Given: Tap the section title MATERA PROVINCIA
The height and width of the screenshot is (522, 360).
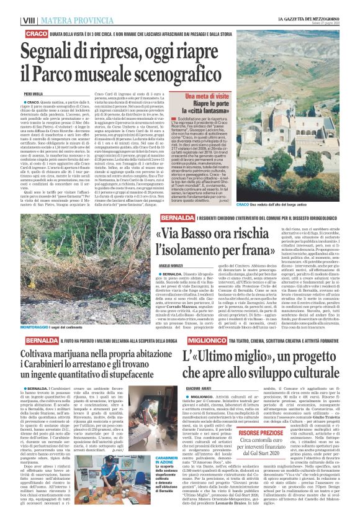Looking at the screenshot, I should (x=61, y=20).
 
